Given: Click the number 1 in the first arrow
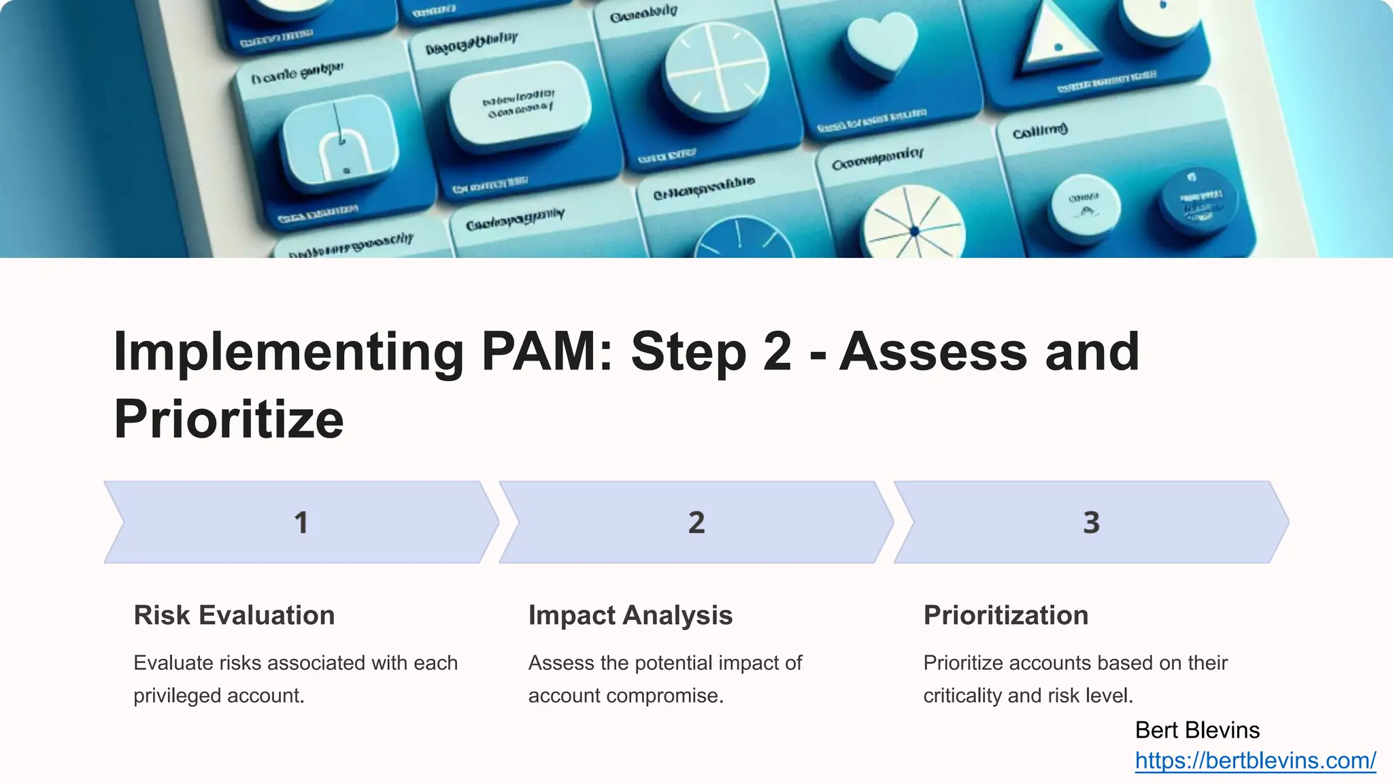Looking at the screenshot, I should click(301, 523).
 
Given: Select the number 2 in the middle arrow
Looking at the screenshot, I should click(696, 523).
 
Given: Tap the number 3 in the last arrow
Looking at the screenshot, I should click(1091, 523).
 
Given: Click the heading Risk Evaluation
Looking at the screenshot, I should click(234, 615).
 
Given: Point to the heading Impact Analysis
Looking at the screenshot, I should click(630, 615).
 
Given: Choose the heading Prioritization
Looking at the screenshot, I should click(1005, 615).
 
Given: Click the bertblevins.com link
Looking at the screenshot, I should click(1255, 760).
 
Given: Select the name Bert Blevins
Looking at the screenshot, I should click(1197, 730).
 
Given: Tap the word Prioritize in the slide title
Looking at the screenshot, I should click(229, 419).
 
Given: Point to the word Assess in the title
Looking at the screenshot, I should click(933, 352).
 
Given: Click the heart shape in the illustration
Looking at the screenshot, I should click(882, 44).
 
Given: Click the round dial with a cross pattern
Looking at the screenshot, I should click(716, 68).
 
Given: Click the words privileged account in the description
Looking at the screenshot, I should click(218, 696).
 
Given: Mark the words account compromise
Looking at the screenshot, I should click(625, 696).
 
